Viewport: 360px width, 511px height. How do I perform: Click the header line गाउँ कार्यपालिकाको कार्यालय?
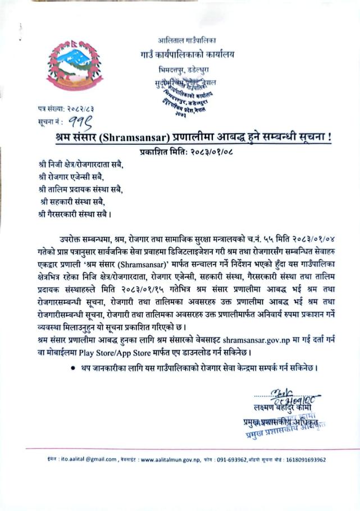187,54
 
